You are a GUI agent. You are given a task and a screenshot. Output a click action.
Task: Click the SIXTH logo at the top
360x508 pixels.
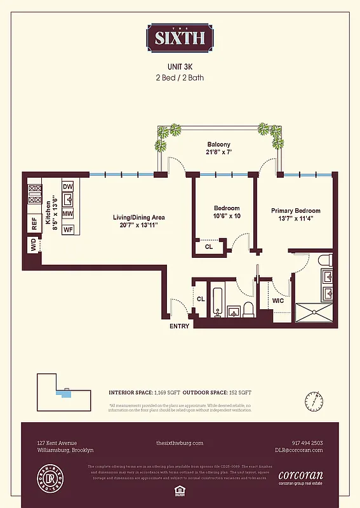[x=180, y=37]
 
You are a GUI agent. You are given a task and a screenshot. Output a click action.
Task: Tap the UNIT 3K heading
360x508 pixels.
[x=180, y=66]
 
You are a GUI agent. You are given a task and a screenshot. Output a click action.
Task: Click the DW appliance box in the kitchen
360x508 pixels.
[x=67, y=186]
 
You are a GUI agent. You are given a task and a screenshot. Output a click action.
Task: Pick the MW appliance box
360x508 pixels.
[x=67, y=214]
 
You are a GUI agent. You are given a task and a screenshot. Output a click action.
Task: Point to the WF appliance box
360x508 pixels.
[x=67, y=229]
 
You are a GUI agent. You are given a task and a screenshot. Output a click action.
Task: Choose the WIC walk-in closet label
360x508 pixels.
[x=277, y=300]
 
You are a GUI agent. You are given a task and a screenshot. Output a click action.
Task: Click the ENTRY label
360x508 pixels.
[x=179, y=326]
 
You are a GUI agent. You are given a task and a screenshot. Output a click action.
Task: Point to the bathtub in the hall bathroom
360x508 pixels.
[x=218, y=303]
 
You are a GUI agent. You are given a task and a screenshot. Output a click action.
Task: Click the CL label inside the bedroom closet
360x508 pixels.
[x=209, y=247]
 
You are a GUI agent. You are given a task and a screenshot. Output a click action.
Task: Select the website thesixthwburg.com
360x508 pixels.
[x=180, y=443]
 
